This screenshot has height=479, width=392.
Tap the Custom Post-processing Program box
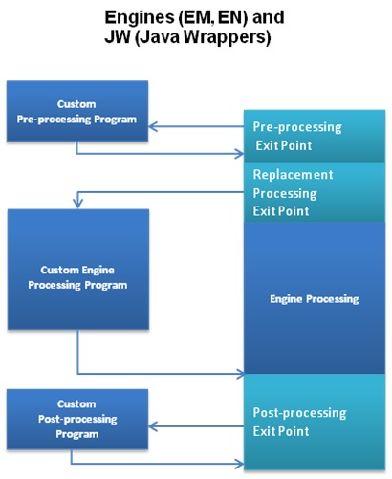click(76, 419)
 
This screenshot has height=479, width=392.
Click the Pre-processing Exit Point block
click(315, 136)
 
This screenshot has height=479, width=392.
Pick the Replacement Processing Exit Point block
click(315, 191)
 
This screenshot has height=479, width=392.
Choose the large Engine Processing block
click(315, 298)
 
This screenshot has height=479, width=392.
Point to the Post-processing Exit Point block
click(315, 422)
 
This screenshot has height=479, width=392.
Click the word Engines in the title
click(144, 17)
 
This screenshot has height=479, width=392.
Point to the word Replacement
click(293, 175)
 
